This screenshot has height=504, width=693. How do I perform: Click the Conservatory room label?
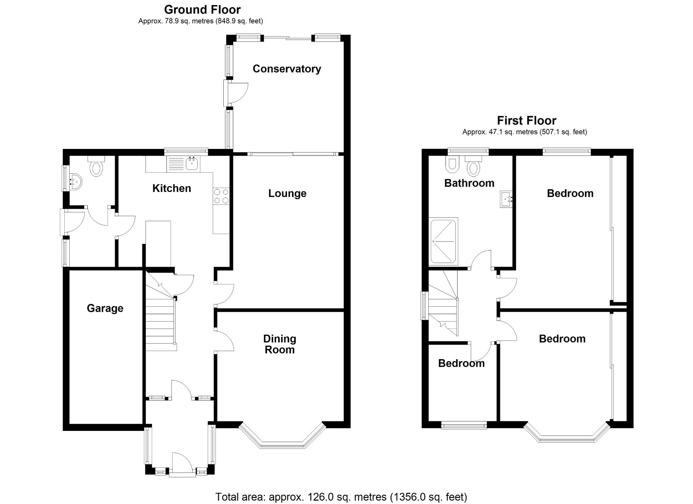click(x=287, y=69)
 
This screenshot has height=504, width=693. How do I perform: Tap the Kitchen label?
click(x=172, y=188)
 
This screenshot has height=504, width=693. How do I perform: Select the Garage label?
click(x=105, y=308)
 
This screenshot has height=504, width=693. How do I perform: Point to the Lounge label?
click(x=287, y=193)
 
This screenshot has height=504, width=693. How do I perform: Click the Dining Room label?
click(x=280, y=344)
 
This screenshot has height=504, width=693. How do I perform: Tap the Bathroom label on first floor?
click(x=469, y=183)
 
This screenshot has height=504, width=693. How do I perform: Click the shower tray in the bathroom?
click(x=443, y=241)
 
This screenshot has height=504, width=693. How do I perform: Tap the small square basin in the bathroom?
click(x=507, y=199)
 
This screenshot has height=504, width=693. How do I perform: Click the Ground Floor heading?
click(x=202, y=9)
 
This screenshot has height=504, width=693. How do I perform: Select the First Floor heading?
click(x=527, y=120)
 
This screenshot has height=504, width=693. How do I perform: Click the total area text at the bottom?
click(x=341, y=497)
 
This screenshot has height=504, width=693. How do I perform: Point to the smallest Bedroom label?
click(x=461, y=363)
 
